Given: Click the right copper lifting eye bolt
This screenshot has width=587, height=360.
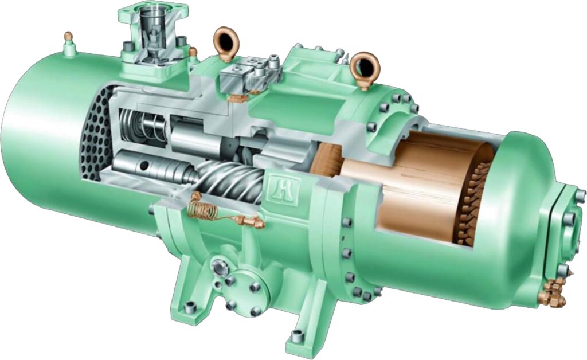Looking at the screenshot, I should coord(363,68).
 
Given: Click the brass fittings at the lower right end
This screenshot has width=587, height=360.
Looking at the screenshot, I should coord(551,292).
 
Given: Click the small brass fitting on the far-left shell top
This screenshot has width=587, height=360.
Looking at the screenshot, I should coord(69,39).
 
